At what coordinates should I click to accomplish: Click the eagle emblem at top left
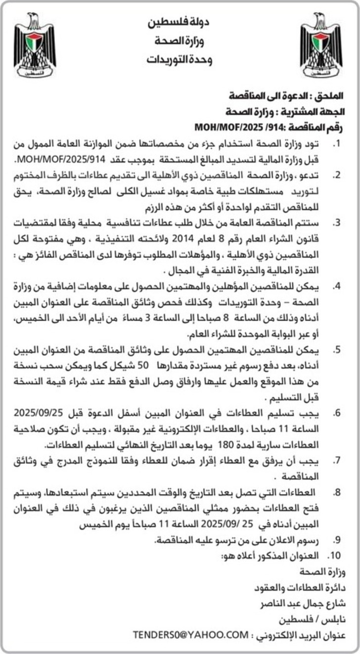point(35,45)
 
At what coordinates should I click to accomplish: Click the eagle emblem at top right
point(321,45)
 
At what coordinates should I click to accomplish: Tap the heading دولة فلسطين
point(179,22)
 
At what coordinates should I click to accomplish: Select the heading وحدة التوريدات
point(179,60)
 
